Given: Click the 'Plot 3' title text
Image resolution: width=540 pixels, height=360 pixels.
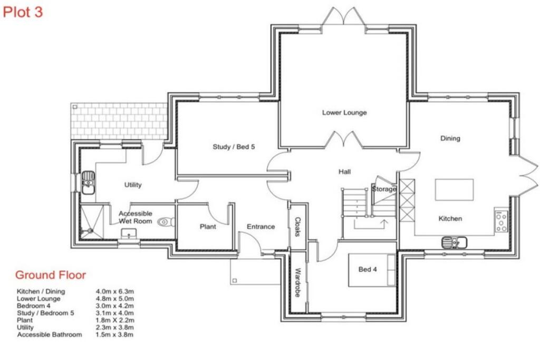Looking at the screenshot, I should pyautogui.click(x=23, y=12).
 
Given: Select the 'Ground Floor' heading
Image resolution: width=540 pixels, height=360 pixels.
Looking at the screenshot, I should pyautogui.click(x=50, y=275).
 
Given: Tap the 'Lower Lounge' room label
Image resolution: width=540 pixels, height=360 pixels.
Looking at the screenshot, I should pyautogui.click(x=344, y=113).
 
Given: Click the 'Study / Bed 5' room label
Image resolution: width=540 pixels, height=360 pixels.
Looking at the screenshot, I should pyautogui.click(x=234, y=147).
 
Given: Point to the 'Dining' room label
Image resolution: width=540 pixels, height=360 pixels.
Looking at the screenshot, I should pyautogui.click(x=450, y=139).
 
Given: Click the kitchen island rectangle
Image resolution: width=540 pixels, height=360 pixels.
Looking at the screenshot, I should pyautogui.click(x=454, y=190).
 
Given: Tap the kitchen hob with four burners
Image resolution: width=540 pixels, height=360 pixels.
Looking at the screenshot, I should pyautogui.click(x=501, y=221).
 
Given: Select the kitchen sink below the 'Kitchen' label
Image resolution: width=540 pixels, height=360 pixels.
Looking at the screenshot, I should pyautogui.click(x=454, y=242).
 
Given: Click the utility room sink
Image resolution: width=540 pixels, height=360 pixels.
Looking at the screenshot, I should pyautogui.click(x=88, y=183).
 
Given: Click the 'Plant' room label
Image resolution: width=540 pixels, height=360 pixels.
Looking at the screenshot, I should pyautogui.click(x=208, y=227).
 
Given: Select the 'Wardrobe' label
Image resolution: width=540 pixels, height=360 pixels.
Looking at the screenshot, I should pyautogui.click(x=297, y=283).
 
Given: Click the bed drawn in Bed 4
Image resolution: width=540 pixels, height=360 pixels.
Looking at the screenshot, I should pyautogui.click(x=371, y=270).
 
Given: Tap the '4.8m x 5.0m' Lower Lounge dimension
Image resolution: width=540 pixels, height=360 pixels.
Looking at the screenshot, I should pyautogui.click(x=115, y=298).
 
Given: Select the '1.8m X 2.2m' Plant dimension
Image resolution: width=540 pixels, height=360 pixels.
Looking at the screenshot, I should pyautogui.click(x=115, y=320).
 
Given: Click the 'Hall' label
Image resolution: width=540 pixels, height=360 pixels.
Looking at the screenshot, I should pyautogui.click(x=345, y=172).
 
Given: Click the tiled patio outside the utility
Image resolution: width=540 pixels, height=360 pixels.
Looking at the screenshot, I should pyautogui.click(x=119, y=121).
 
